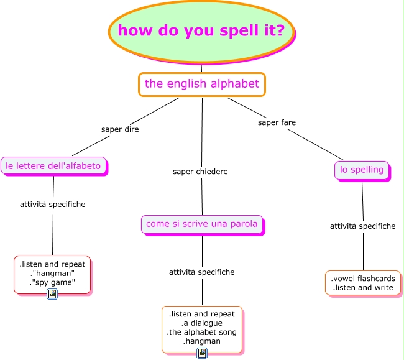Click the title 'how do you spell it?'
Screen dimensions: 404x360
(x=201, y=30)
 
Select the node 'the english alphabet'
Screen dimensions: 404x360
(x=202, y=84)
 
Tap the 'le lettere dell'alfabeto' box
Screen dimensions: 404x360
(x=53, y=166)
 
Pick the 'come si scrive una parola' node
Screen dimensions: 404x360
(x=201, y=224)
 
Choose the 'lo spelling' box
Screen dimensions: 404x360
(x=362, y=170)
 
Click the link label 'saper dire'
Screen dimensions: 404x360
(x=120, y=129)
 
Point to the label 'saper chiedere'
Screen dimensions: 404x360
(x=200, y=171)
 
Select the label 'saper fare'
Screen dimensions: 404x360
(x=277, y=122)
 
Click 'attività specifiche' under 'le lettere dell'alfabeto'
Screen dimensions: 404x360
(x=53, y=204)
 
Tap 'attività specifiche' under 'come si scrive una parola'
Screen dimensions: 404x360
(x=202, y=272)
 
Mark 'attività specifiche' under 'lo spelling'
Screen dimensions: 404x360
(x=362, y=226)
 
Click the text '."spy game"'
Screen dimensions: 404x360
(x=53, y=282)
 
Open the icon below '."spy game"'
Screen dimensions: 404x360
(x=52, y=294)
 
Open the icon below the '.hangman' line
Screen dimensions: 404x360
(x=202, y=353)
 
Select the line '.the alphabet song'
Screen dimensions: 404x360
(x=202, y=332)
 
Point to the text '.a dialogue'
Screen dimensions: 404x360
(x=202, y=323)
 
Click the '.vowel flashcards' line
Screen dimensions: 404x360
(x=362, y=279)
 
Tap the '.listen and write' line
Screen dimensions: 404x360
(x=362, y=288)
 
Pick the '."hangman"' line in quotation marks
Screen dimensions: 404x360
(x=53, y=273)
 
